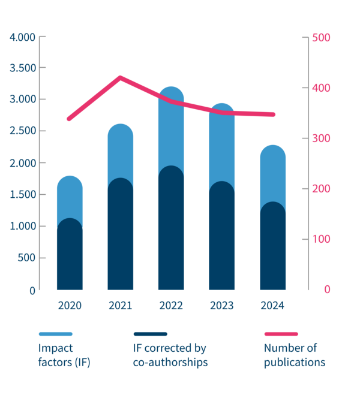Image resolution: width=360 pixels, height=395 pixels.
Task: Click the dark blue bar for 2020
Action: pos(69,258)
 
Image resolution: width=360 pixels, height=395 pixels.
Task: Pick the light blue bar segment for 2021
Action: pos(121,150)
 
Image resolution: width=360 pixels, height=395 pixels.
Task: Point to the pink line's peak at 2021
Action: pos(121,77)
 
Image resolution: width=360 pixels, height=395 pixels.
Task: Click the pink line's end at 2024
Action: pos(273,114)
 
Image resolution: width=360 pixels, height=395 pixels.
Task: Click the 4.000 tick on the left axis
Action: pos(23,37)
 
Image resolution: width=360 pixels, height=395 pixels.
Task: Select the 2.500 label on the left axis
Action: pos(23,131)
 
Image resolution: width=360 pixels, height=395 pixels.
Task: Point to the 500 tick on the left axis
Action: pos(26,258)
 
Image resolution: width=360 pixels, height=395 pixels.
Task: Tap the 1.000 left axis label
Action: pos(23,226)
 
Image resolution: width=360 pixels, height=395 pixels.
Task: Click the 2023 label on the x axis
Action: pos(222,306)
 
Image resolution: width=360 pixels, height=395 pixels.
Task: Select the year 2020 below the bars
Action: pos(70,306)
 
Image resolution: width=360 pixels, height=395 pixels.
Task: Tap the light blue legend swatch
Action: pos(55,334)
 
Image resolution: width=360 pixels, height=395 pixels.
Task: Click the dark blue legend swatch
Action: pos(150,334)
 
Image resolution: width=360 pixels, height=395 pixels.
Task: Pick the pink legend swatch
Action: pos(281,334)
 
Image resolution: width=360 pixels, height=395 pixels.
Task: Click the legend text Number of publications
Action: pos(295,355)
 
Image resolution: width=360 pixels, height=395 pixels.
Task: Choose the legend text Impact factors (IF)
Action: pos(64,355)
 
